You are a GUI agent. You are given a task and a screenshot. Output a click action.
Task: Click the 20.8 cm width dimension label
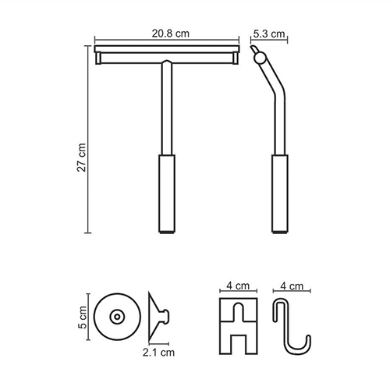point(171,34)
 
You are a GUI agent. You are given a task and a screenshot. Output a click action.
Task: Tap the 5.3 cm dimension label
point(269,34)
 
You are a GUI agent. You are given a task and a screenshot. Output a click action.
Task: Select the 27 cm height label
point(82,158)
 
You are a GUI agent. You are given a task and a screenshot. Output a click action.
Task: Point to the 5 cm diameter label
point(83,317)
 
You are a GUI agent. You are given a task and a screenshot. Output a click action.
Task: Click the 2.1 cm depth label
point(158,353)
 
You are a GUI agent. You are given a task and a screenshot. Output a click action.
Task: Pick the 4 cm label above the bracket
point(238,286)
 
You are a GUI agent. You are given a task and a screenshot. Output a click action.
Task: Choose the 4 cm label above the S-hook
point(292,286)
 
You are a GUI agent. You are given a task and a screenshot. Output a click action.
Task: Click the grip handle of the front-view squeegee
point(167,193)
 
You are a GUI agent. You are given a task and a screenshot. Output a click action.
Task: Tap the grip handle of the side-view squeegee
point(280,193)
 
